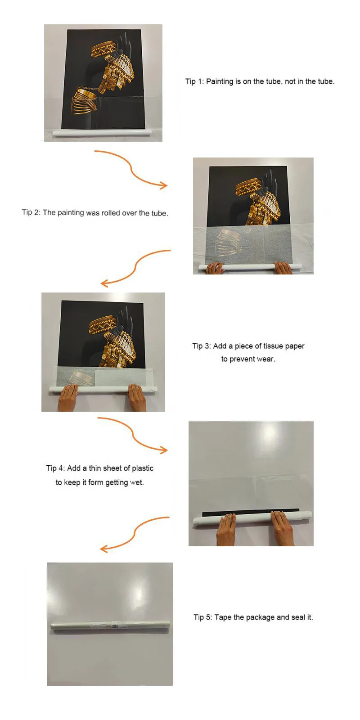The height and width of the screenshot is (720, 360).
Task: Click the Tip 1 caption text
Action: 260,81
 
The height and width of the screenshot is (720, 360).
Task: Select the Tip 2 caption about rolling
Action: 95,212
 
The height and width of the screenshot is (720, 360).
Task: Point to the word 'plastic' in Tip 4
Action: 141,468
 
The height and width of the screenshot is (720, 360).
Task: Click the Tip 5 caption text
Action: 253,617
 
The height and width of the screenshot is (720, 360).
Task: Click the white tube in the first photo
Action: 101,133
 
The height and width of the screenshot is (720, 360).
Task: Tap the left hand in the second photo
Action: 214,268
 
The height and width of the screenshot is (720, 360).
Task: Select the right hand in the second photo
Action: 283,268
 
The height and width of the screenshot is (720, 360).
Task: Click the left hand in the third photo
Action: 68,398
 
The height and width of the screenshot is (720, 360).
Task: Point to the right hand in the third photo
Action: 137,398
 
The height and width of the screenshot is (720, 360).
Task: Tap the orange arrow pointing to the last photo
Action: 135,534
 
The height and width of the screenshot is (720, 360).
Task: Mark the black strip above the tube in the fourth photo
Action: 251,511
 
